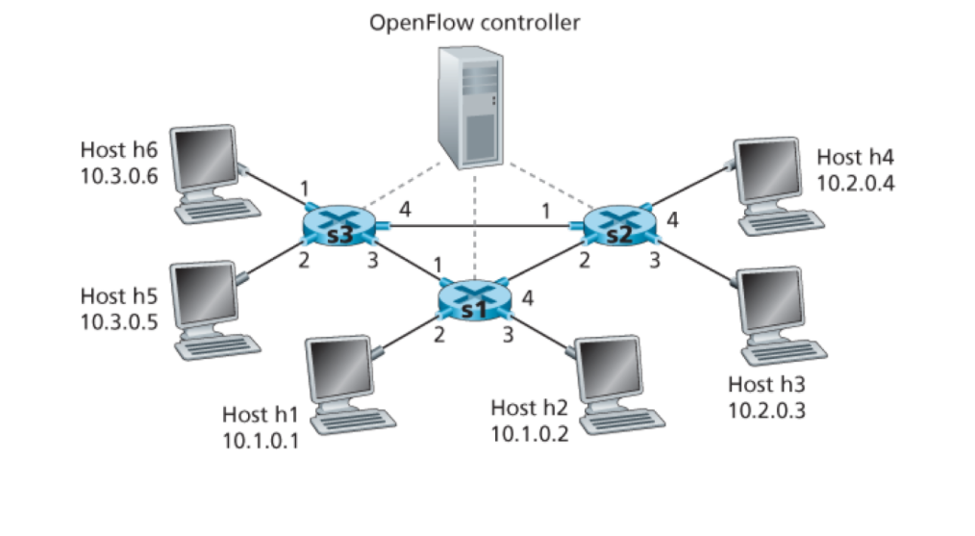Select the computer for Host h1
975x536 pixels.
341,380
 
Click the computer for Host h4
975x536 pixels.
772,183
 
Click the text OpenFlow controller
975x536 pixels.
475,22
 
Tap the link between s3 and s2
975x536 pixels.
481,228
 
